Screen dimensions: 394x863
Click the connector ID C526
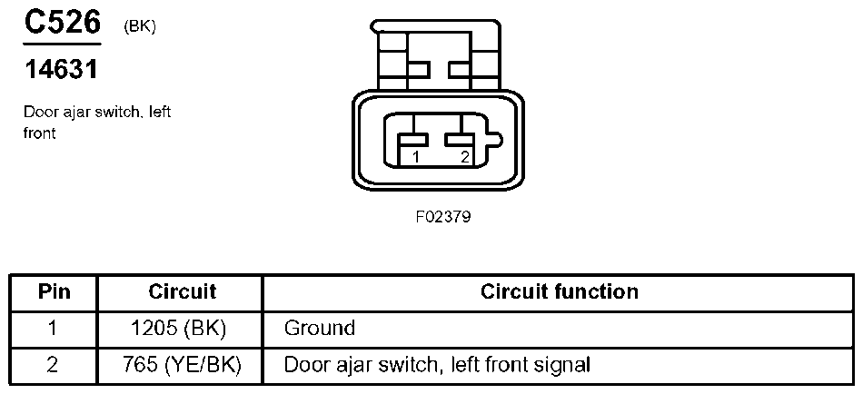point(62,23)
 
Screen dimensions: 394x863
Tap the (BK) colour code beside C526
point(140,26)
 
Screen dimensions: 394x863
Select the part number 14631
point(60,69)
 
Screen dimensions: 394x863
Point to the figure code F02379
point(443,218)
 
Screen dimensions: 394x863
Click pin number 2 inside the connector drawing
point(464,157)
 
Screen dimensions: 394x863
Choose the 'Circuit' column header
point(182,291)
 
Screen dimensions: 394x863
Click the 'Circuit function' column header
point(559,291)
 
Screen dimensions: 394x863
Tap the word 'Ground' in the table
point(319,328)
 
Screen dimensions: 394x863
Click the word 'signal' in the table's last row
point(562,365)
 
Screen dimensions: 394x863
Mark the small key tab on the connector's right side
point(495,139)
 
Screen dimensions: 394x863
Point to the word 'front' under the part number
point(40,133)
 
